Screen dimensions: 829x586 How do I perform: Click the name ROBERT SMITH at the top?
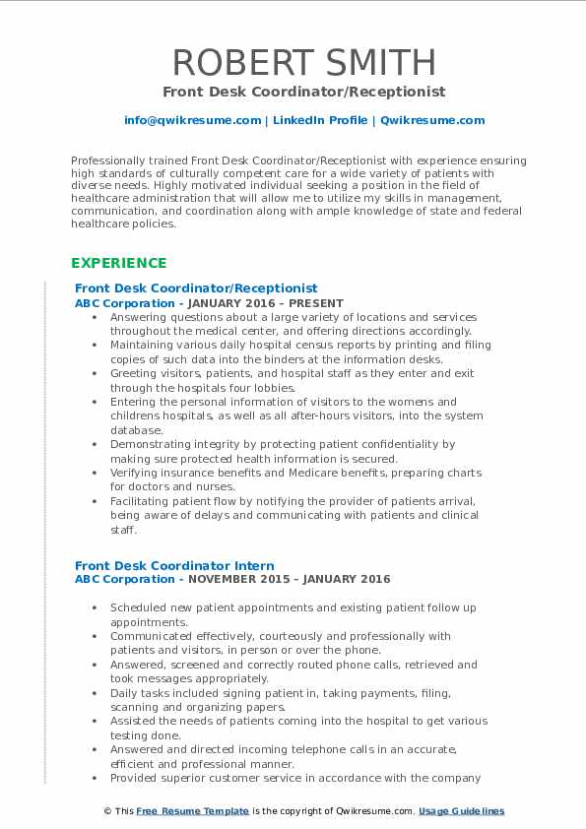click(x=304, y=62)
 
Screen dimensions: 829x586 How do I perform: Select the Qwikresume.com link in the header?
click(x=431, y=120)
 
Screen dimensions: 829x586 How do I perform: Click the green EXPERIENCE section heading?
click(x=118, y=263)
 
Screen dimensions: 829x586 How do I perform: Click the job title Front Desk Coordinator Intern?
click(x=174, y=565)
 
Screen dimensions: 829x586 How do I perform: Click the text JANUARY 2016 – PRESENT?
click(x=281, y=303)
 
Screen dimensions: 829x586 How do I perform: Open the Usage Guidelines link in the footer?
click(x=461, y=811)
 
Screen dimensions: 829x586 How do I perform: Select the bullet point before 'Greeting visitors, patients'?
click(x=93, y=374)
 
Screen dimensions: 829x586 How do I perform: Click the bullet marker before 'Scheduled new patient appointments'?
click(x=93, y=608)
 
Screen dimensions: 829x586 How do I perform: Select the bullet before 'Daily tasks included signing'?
click(x=93, y=693)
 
